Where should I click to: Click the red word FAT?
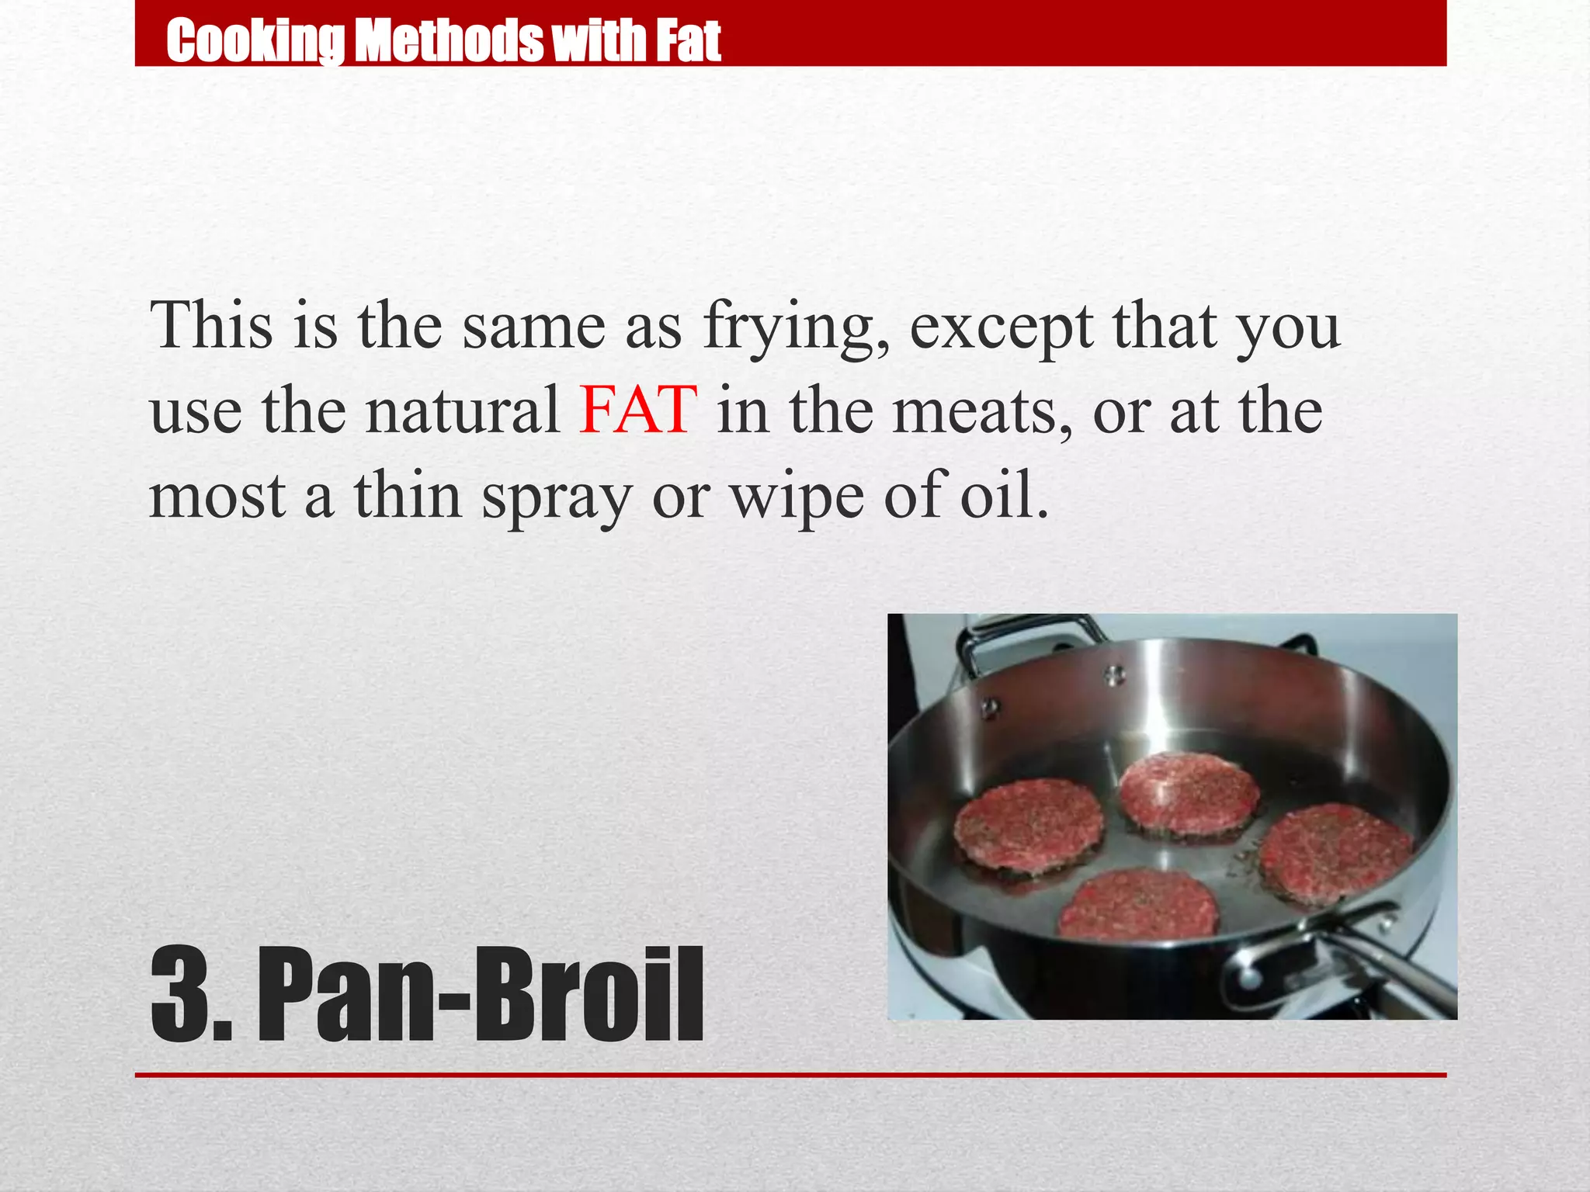(x=638, y=410)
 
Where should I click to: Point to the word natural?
(x=463, y=410)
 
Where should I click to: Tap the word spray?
(x=557, y=497)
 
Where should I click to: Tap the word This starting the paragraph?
(x=211, y=326)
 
